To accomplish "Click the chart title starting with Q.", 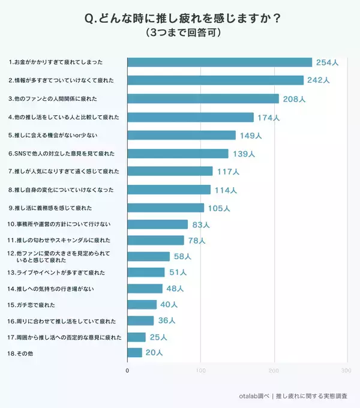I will pos(180,19).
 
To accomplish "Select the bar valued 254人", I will pos(220,62).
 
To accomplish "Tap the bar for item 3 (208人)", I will pos(203,98).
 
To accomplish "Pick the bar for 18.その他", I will pos(134,353).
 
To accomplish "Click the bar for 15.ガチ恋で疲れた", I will pos(142,304).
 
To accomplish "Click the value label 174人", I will pos(268,118).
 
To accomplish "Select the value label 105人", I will pos(218,208).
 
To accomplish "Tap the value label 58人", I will pos(182,257).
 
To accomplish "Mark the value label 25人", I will pos(157,337).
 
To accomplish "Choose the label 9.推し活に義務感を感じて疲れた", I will pos(50,208).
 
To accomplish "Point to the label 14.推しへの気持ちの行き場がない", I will pos(52,289).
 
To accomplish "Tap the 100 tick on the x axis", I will pos(201,371).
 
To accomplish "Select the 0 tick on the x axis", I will pos(127,371).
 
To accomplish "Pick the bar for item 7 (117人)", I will pos(170,171).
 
